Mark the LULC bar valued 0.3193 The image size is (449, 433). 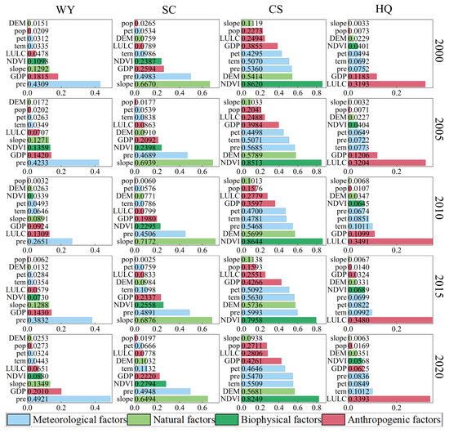click(x=384, y=84)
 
